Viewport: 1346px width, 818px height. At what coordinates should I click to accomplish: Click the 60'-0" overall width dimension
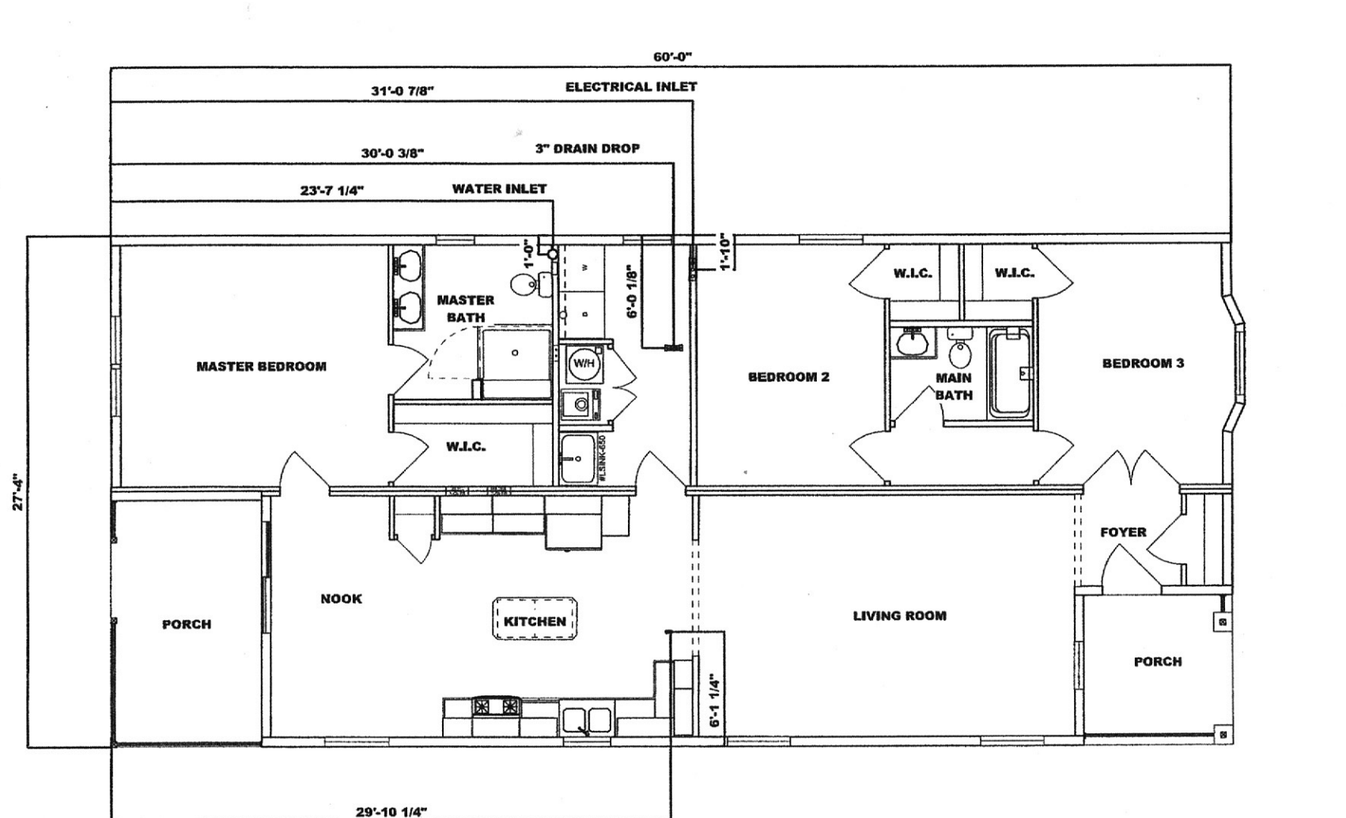(x=672, y=57)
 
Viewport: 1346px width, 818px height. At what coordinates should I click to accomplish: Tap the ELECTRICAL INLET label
(x=630, y=87)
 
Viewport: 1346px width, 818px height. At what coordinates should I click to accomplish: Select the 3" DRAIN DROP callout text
(x=587, y=149)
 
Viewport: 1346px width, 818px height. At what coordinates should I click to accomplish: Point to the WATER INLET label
(x=499, y=189)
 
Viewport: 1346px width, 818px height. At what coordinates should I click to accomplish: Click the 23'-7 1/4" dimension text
(x=332, y=191)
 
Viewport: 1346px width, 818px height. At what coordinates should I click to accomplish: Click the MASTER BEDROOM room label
(x=261, y=367)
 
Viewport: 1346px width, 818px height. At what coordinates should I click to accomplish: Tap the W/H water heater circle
(x=584, y=364)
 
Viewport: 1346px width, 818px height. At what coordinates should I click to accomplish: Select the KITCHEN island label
(x=535, y=621)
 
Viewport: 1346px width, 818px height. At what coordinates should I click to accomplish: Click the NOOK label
(x=341, y=599)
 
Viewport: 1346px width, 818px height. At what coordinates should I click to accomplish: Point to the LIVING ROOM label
(x=899, y=615)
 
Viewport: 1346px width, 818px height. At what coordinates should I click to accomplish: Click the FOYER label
(x=1123, y=532)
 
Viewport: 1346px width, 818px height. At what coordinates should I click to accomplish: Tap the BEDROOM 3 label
(x=1143, y=364)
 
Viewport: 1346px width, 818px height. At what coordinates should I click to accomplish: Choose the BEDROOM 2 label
(x=788, y=377)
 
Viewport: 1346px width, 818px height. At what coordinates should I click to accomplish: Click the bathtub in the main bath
(x=1010, y=374)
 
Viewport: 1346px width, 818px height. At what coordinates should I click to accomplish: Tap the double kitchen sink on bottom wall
(x=586, y=721)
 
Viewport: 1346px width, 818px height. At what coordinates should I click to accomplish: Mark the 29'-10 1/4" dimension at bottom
(x=391, y=811)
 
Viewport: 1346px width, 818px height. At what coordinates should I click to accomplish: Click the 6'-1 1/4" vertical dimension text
(x=715, y=701)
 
